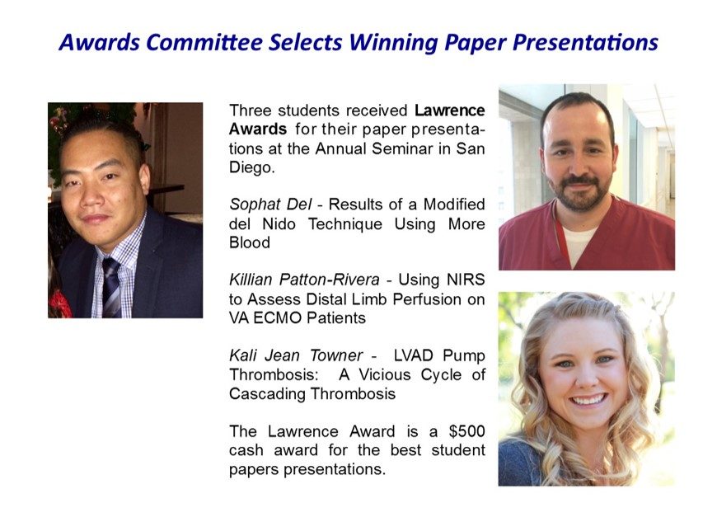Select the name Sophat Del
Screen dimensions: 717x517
[270, 204]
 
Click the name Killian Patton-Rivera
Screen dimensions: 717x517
[304, 279]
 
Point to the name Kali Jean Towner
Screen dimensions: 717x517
[296, 355]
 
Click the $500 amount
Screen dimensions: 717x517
[466, 431]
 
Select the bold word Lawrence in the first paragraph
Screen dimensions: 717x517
[450, 110]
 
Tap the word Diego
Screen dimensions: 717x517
[252, 168]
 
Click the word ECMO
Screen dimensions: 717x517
[278, 317]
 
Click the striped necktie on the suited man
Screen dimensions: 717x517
[110, 287]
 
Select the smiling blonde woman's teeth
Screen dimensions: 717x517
[588, 400]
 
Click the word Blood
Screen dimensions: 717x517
[250, 242]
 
